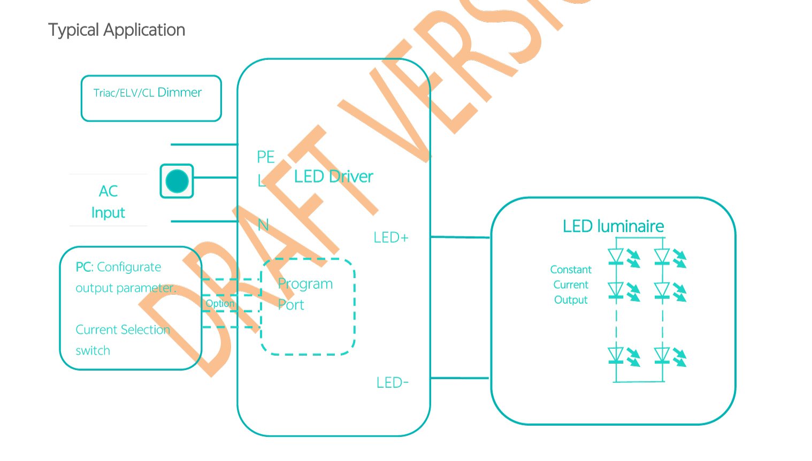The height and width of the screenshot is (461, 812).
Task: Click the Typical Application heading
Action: [117, 30]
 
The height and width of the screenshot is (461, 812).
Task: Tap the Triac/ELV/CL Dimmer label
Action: [148, 93]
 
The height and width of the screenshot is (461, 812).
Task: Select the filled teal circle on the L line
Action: [177, 181]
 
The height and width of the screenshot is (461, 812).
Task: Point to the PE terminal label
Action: [266, 157]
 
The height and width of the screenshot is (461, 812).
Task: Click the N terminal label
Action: [263, 225]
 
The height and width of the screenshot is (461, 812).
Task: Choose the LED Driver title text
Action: [333, 176]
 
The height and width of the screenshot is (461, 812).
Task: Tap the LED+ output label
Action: [391, 237]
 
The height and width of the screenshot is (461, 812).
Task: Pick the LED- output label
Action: [393, 383]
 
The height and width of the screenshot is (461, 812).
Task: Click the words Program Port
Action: [305, 294]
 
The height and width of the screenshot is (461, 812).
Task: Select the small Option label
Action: [220, 303]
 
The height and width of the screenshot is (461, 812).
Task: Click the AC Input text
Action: [108, 202]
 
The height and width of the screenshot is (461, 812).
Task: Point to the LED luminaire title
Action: [613, 226]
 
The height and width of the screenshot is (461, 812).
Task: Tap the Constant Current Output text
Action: [571, 285]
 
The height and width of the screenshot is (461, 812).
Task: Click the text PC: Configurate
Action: [118, 267]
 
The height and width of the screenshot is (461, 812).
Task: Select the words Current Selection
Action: [122, 329]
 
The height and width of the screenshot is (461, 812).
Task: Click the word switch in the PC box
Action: [93, 351]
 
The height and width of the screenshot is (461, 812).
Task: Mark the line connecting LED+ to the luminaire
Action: [460, 236]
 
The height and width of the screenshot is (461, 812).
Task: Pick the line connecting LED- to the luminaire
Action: [460, 378]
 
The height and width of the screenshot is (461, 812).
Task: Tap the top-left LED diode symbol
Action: [616, 257]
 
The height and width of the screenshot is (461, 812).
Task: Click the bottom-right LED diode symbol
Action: [662, 356]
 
